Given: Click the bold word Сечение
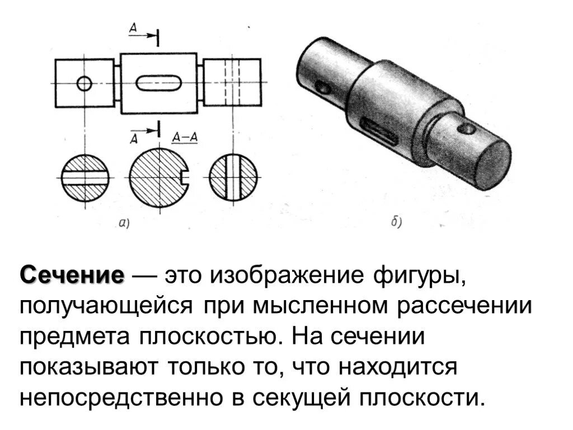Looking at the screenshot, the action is point(72,275).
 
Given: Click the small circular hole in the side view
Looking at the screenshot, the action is point(84,84).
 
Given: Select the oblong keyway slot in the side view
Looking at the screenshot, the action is point(158,84).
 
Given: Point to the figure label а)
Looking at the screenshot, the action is point(124,224).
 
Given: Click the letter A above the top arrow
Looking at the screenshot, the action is point(133,27).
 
